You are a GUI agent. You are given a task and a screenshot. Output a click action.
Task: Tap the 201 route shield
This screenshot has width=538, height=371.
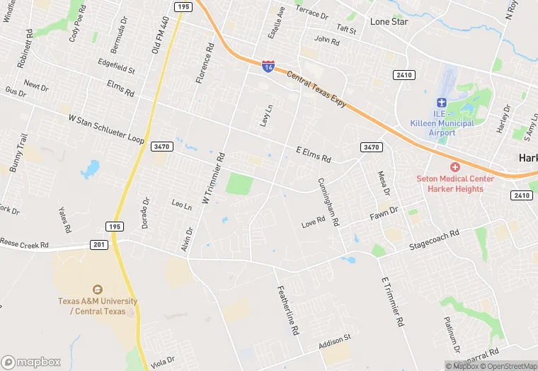coord(99,244)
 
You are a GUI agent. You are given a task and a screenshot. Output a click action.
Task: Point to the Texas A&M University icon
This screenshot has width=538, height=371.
coord(98,289)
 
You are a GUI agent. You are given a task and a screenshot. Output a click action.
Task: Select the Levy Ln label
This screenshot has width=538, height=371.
coord(267,115)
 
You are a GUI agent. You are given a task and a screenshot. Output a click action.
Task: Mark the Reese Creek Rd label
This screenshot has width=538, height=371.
coord(24,244)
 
